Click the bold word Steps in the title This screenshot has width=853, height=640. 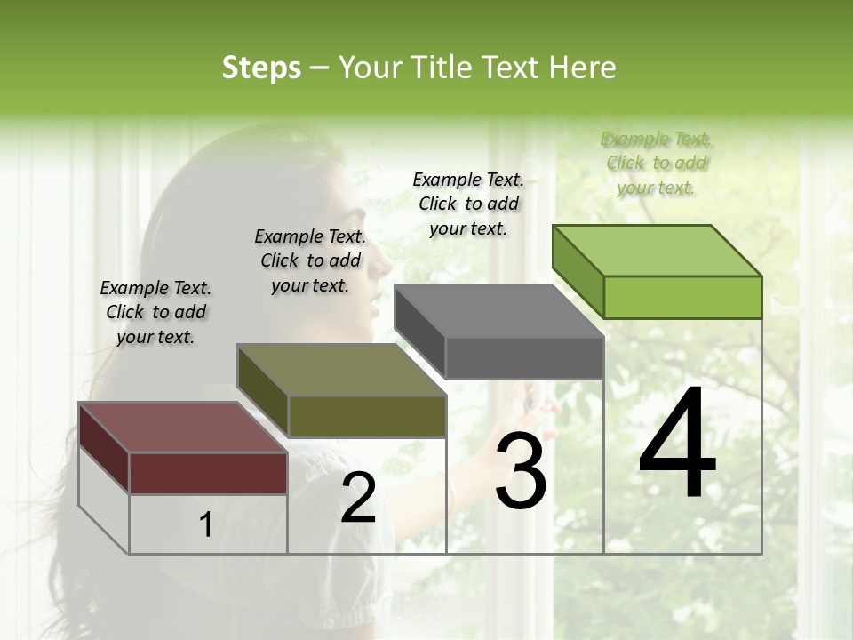261,68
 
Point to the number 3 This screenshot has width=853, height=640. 520,471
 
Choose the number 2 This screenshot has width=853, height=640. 358,498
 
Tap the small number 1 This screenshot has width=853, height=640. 206,525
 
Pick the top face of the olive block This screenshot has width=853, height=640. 341,370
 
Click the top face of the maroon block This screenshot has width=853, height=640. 183,428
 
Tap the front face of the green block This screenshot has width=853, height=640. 682,297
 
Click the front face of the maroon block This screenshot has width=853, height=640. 208,473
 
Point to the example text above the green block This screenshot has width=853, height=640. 657,163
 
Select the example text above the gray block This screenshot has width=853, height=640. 468,204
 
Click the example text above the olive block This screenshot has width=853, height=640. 310,260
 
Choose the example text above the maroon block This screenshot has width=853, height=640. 155,312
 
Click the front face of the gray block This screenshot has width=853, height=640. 524,357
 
